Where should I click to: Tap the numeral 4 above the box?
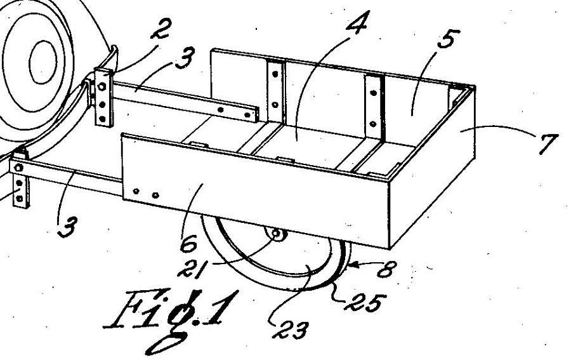tap(356, 23)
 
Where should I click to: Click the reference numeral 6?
tap(188, 244)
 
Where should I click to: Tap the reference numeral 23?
tap(290, 330)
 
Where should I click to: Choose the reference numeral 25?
tap(365, 302)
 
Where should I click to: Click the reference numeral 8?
tap(386, 269)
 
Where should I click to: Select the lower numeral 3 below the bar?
tap(68, 227)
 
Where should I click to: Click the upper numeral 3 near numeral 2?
tap(185, 58)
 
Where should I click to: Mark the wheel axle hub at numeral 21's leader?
tap(277, 234)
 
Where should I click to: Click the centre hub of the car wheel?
tap(43, 62)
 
